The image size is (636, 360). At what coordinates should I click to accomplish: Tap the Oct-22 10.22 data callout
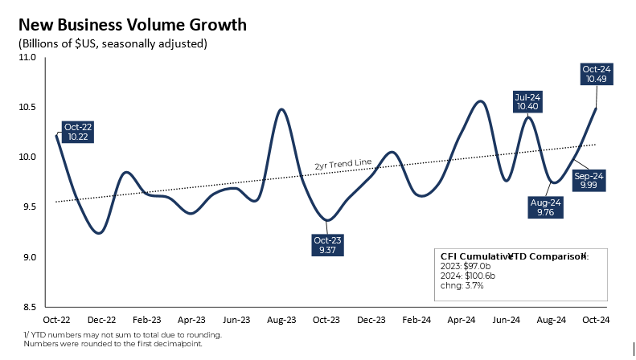point(78,132)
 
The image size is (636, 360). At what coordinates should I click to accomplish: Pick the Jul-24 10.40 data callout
point(527,101)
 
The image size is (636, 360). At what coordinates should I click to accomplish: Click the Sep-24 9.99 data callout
point(589,179)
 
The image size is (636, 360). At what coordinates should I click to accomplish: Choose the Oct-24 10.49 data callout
point(597,74)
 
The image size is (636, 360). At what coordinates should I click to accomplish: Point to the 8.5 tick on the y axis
point(28,307)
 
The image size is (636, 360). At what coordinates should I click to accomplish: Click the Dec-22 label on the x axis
point(101,320)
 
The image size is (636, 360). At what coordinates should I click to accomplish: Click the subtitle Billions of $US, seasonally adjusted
point(113,43)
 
